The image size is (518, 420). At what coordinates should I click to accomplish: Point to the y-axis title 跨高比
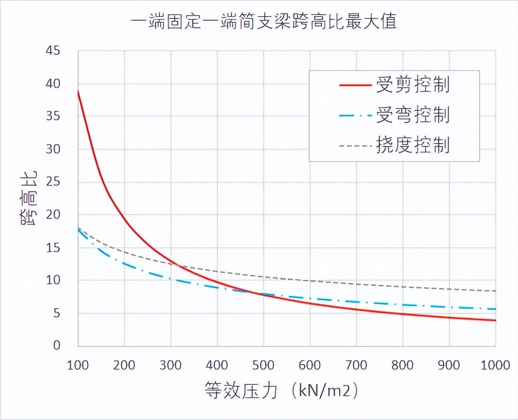(29, 198)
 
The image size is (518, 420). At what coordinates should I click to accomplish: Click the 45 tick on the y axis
(54, 50)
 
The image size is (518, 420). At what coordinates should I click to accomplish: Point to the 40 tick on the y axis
(54, 83)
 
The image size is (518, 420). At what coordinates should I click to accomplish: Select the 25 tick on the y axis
(54, 182)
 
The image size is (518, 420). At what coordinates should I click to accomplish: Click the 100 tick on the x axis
(78, 365)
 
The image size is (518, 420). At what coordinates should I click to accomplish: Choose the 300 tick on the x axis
(171, 365)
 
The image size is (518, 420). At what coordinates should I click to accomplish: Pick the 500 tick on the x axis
(264, 365)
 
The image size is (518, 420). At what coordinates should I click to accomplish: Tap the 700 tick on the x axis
(357, 365)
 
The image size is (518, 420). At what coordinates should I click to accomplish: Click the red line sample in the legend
(355, 85)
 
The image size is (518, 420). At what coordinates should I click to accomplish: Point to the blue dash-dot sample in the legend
(355, 115)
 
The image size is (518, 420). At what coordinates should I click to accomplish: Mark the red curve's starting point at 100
(79, 91)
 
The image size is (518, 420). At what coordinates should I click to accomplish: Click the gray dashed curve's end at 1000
(495, 291)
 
